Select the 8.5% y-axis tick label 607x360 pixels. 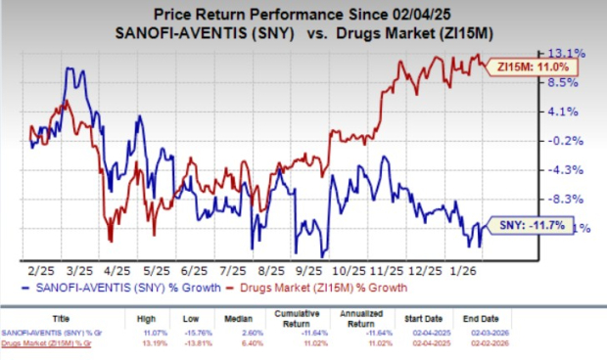point(570,82)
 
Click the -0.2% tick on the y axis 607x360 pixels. point(570,140)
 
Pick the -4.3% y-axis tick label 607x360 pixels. point(570,169)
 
